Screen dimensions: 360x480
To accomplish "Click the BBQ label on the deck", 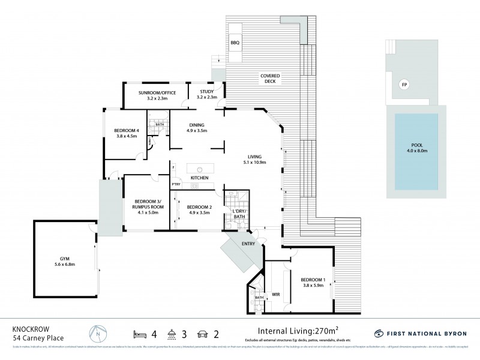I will pos(235,44).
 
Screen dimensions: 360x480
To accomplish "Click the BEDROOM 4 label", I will pos(126,133).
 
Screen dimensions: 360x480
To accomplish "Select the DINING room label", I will pos(196,127).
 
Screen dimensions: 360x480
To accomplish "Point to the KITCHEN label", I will pos(199,178).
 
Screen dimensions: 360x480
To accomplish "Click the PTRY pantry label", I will pos(176,185).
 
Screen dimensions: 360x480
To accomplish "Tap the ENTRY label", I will pos(248,244).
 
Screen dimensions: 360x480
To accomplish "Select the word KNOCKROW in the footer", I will pos(30,328).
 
